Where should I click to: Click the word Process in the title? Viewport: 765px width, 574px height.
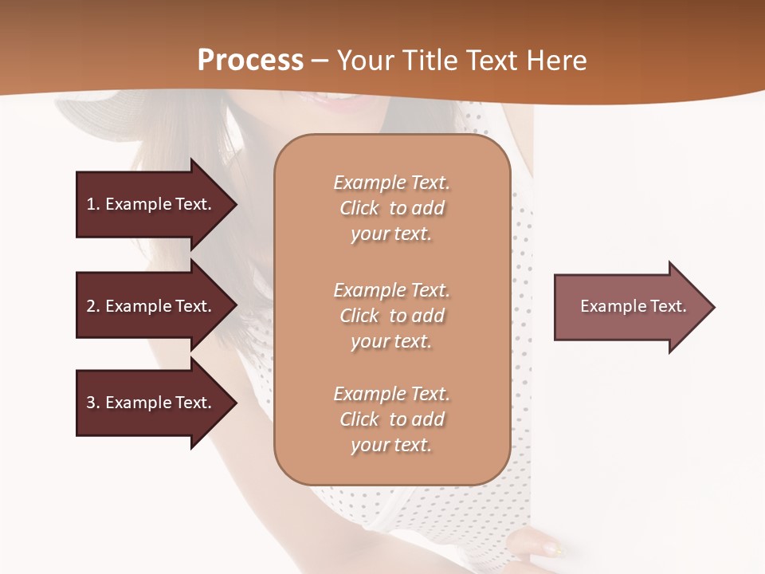tap(250, 61)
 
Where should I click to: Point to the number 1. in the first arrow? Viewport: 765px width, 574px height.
tap(93, 204)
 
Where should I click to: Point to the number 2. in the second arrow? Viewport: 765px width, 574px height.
tap(93, 306)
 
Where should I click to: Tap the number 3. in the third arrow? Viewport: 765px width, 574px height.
tap(93, 403)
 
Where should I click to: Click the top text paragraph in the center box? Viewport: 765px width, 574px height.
tap(391, 208)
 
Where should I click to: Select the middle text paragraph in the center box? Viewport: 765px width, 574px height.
tap(391, 316)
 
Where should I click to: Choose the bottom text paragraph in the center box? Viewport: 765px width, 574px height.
tap(391, 419)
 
